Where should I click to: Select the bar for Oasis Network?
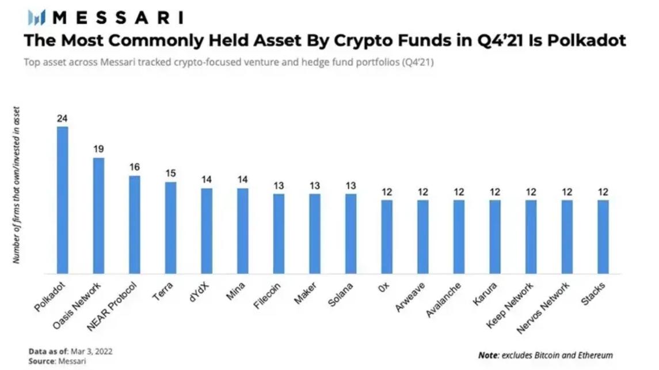tap(98, 216)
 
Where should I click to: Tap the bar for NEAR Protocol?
tap(135, 225)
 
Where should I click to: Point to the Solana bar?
tap(351, 234)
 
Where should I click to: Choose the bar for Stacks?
tap(603, 237)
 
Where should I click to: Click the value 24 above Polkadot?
tap(62, 118)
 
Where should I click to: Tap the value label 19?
tap(98, 149)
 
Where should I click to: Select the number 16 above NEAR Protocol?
tap(135, 167)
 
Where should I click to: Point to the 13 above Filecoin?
tap(279, 185)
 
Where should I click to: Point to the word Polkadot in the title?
tap(588, 41)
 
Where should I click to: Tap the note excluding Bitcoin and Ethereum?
tap(545, 355)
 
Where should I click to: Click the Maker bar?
tap(315, 234)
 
